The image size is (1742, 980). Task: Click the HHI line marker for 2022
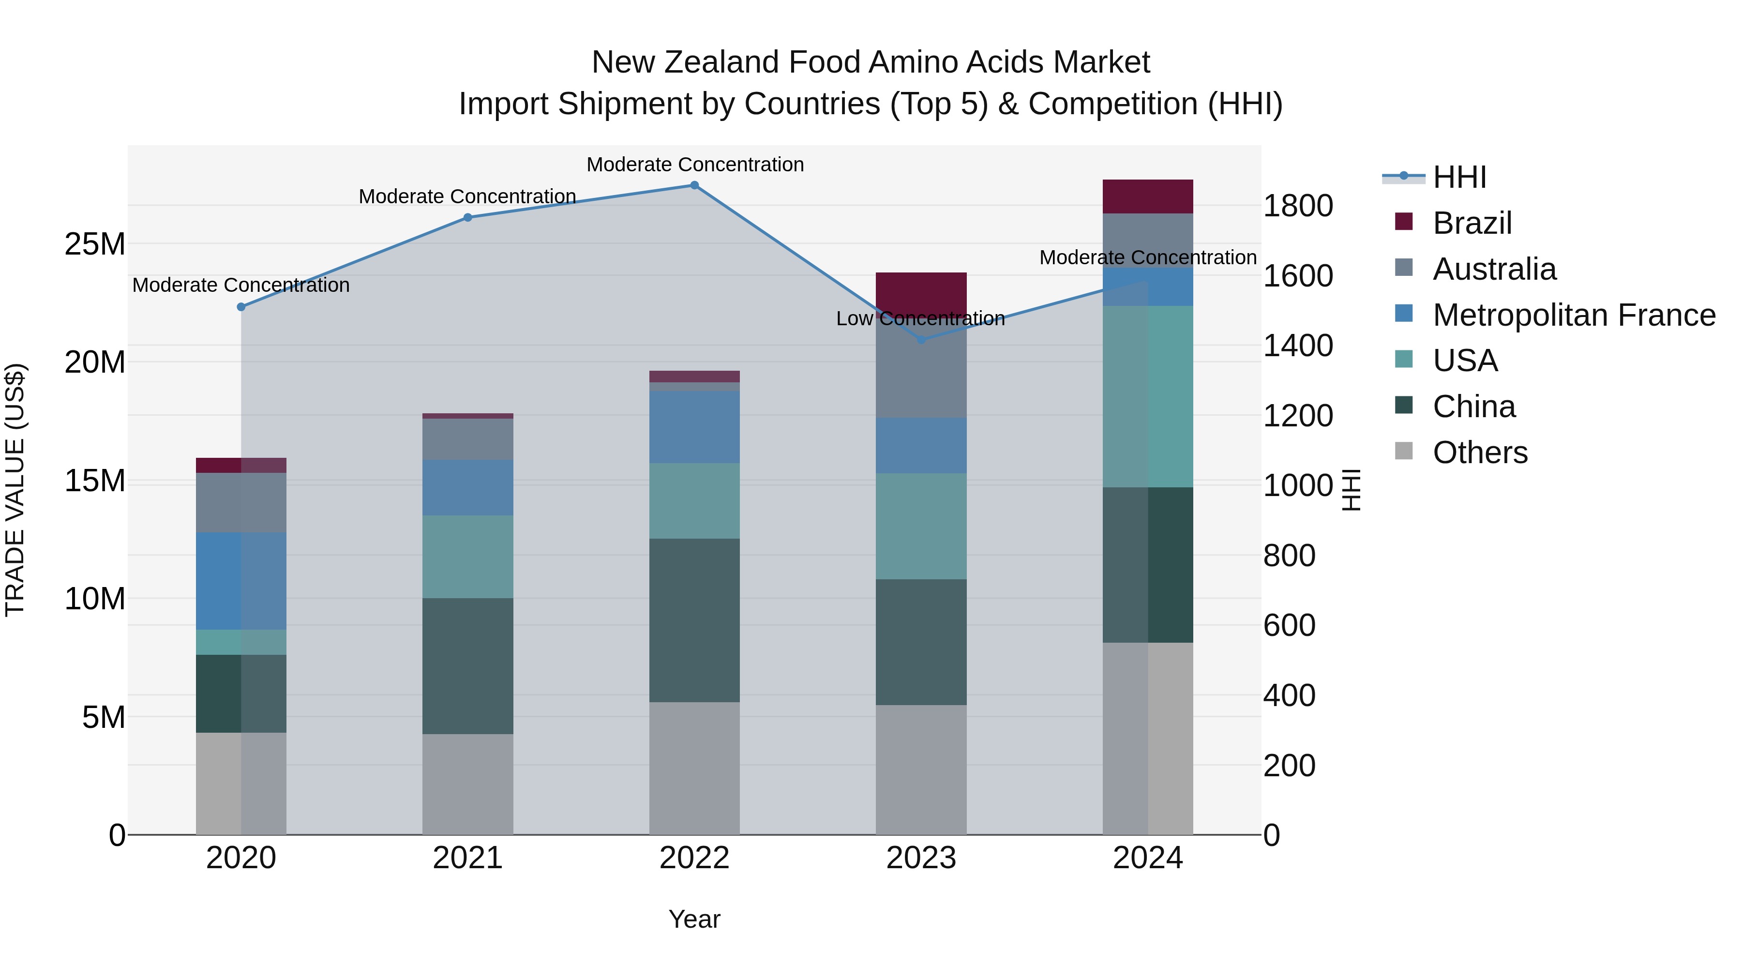(x=694, y=185)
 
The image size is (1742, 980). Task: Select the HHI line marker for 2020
(x=241, y=307)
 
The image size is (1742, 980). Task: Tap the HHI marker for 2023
(x=921, y=340)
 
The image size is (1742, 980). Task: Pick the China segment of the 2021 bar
(x=467, y=666)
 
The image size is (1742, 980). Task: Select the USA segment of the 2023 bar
(x=921, y=526)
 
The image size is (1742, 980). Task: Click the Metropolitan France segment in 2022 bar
(x=694, y=427)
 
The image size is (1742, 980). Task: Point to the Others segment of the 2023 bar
(x=921, y=769)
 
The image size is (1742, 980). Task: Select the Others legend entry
(x=1480, y=452)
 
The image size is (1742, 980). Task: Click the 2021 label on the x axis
(x=467, y=858)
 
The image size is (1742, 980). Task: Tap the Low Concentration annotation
(x=920, y=318)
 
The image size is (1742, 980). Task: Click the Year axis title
(x=694, y=919)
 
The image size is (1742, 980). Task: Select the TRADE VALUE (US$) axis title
(x=15, y=490)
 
